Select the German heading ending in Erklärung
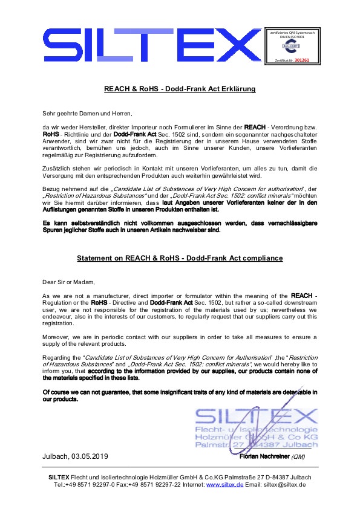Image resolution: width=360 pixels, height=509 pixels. click(x=180, y=89)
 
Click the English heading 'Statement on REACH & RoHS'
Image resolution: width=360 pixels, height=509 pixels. click(x=180, y=259)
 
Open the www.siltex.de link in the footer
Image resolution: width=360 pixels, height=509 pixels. click(x=224, y=485)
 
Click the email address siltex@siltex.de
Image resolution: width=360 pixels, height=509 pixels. click(x=284, y=485)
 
